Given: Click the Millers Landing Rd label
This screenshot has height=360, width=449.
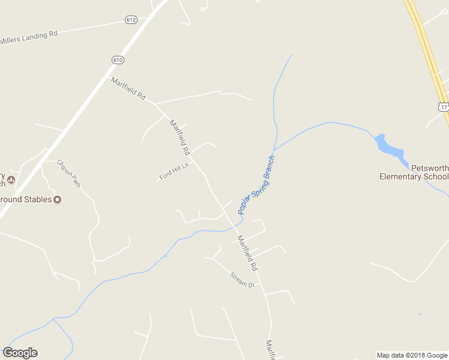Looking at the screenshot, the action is [29, 37].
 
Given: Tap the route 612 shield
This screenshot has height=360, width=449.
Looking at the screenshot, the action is [131, 20].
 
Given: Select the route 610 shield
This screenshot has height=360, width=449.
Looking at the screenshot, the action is [118, 59].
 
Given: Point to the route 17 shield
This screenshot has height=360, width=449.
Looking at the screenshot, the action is [443, 107].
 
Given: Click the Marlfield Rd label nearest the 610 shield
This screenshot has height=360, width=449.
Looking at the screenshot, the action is [128, 88].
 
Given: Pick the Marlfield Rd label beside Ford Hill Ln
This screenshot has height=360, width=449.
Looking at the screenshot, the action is [179, 137].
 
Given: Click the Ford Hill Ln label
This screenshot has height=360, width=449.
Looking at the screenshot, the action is [174, 172].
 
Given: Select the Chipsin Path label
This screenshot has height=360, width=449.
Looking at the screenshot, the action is [68, 173].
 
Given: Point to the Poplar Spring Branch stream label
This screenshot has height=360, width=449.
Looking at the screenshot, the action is [256, 185].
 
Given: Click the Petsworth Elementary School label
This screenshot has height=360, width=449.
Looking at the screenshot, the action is [414, 172].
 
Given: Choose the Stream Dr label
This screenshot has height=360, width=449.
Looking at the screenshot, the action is [243, 280].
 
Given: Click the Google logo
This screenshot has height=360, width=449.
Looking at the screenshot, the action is [20, 353].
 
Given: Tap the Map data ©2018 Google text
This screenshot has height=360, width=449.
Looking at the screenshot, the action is [412, 355].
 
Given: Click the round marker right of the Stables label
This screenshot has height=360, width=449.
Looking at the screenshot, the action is [58, 199].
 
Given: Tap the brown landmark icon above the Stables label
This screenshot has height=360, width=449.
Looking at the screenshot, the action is [10, 179].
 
